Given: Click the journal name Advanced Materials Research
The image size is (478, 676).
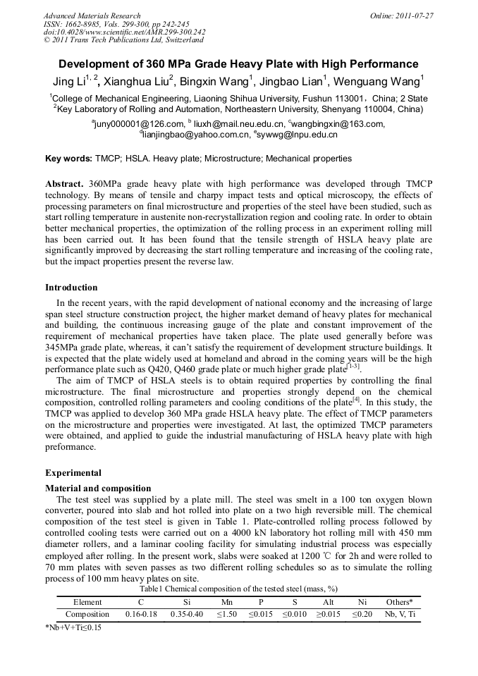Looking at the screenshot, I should (x=92, y=16).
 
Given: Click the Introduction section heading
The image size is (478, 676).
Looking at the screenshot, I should (x=71, y=288).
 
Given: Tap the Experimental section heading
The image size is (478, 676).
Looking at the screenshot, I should (x=73, y=473).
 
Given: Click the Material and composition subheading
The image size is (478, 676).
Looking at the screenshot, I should (x=98, y=488).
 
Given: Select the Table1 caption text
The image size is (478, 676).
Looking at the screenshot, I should (x=238, y=588).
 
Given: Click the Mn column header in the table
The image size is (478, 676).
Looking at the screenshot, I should (x=227, y=602).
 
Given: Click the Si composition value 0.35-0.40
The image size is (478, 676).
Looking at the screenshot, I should (x=187, y=614).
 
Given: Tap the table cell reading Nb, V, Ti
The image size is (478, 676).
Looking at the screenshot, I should (x=399, y=614).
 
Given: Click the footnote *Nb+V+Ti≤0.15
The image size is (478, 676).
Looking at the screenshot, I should (x=73, y=627).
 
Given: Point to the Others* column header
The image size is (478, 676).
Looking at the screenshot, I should (x=399, y=602).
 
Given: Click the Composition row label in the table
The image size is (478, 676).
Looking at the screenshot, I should (x=87, y=614).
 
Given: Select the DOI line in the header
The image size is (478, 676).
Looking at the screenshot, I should (x=124, y=32).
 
